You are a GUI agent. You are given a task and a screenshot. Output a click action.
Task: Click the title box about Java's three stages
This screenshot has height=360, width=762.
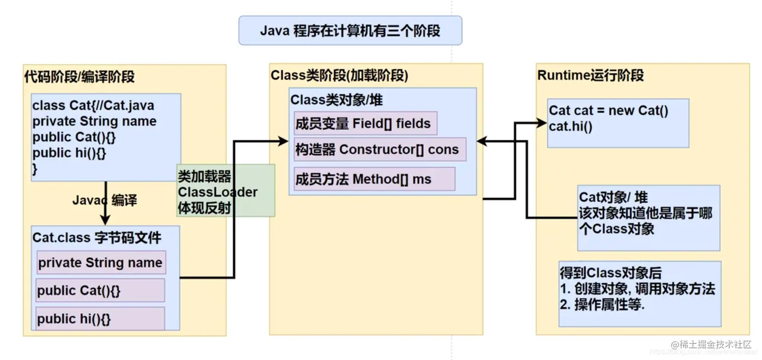(x=350, y=31)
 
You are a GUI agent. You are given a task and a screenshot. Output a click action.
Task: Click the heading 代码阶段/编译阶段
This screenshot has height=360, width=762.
(x=79, y=77)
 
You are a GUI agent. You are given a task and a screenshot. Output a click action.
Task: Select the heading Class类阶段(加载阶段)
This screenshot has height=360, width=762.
(x=339, y=76)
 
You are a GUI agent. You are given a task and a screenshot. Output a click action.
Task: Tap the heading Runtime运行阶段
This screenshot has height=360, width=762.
(x=590, y=76)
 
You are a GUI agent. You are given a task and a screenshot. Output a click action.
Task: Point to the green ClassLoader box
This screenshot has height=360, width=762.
(x=225, y=191)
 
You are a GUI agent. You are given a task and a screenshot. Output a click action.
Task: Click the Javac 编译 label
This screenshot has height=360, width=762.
(x=104, y=200)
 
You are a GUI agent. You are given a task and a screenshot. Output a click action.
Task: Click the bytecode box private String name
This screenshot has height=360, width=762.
(x=101, y=263)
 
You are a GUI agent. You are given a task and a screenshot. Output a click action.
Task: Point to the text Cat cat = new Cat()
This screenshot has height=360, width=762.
(x=608, y=110)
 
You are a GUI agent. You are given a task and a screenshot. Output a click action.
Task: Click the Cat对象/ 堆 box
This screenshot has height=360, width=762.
(x=648, y=217)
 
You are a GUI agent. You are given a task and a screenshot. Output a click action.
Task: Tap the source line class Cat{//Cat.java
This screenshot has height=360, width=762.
(x=93, y=106)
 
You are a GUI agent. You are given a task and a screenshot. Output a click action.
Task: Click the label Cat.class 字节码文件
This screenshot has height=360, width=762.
(x=97, y=237)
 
